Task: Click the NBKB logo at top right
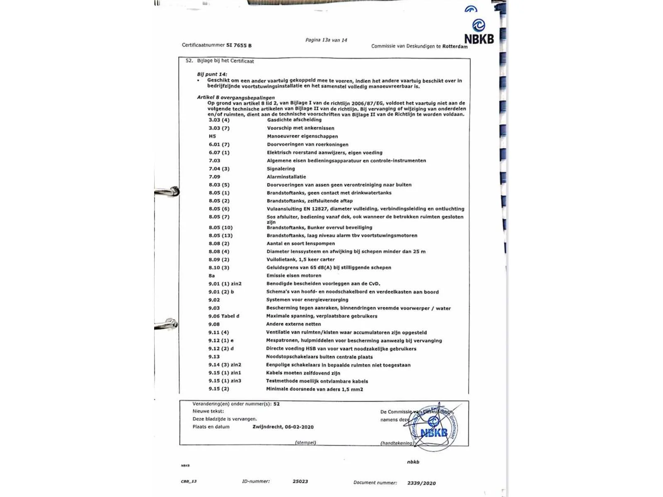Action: [479, 31]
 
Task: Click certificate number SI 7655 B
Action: [239, 45]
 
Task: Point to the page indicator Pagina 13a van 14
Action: [326, 40]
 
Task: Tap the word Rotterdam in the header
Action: [455, 46]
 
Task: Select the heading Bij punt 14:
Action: [212, 74]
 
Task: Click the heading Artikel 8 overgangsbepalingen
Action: [235, 97]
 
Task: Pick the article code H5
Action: [212, 136]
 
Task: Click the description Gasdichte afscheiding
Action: [294, 120]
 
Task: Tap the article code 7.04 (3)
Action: [219, 169]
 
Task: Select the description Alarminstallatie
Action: [286, 177]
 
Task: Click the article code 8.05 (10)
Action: [220, 227]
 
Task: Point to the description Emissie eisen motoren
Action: [293, 275]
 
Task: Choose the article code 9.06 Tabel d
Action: [223, 316]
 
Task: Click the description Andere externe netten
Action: [293, 324]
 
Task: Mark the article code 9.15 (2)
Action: [218, 389]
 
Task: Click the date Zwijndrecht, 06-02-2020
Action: [283, 427]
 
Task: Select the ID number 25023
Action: [300, 481]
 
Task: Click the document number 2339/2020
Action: [421, 483]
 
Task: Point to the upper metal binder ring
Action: [168, 191]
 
